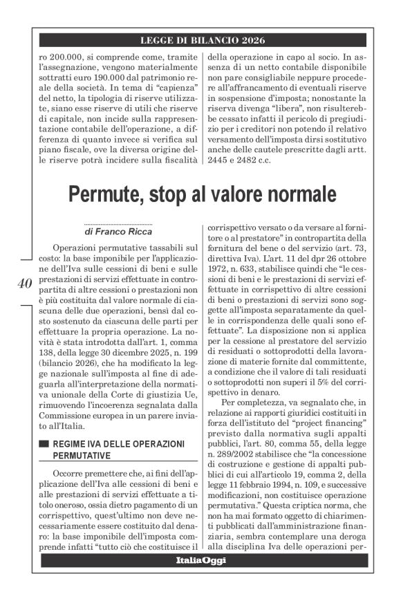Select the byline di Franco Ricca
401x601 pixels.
tap(118, 232)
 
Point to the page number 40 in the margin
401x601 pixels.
tap(24, 283)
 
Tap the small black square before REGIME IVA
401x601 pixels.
tap(45, 426)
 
